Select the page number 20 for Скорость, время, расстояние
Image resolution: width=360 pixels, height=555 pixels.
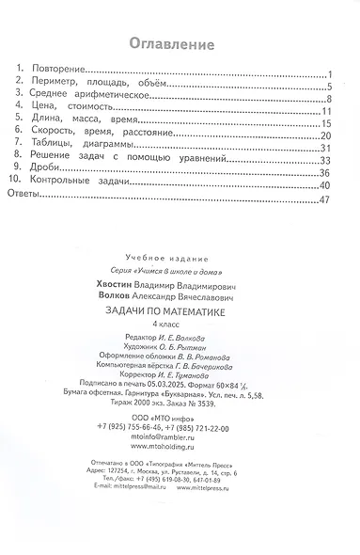coord(322,135)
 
